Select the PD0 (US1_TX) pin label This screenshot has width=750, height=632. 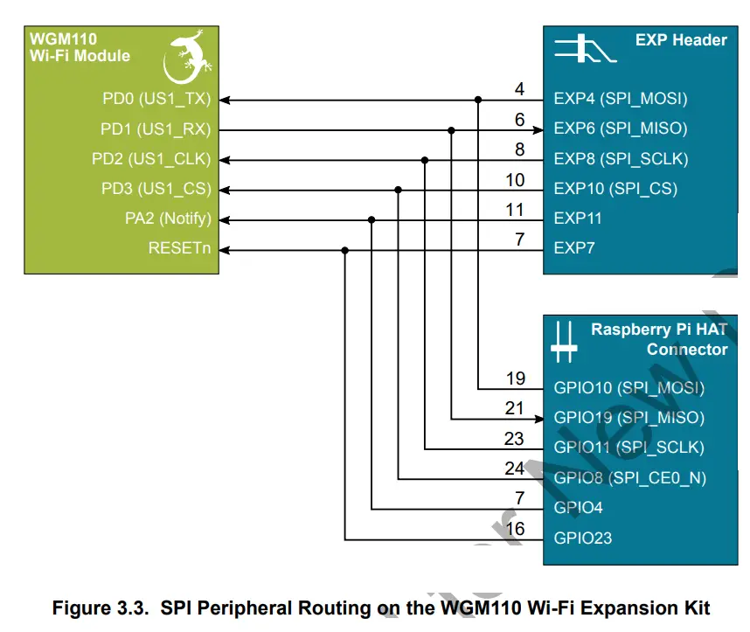tap(156, 99)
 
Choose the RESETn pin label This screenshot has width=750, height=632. tap(179, 249)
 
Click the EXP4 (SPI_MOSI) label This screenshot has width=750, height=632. tap(621, 99)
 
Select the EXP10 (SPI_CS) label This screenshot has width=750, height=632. tap(615, 189)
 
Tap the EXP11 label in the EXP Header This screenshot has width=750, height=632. tap(578, 219)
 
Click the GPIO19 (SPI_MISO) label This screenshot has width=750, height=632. tap(628, 418)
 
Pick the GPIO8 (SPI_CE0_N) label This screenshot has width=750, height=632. tap(629, 478)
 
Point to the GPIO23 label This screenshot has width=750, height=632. tap(583, 538)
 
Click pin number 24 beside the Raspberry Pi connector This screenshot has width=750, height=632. tap(514, 469)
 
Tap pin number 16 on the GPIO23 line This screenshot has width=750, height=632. tap(515, 529)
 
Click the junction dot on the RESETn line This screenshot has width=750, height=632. tap(345, 250)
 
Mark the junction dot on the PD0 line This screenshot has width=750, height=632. tap(478, 100)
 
